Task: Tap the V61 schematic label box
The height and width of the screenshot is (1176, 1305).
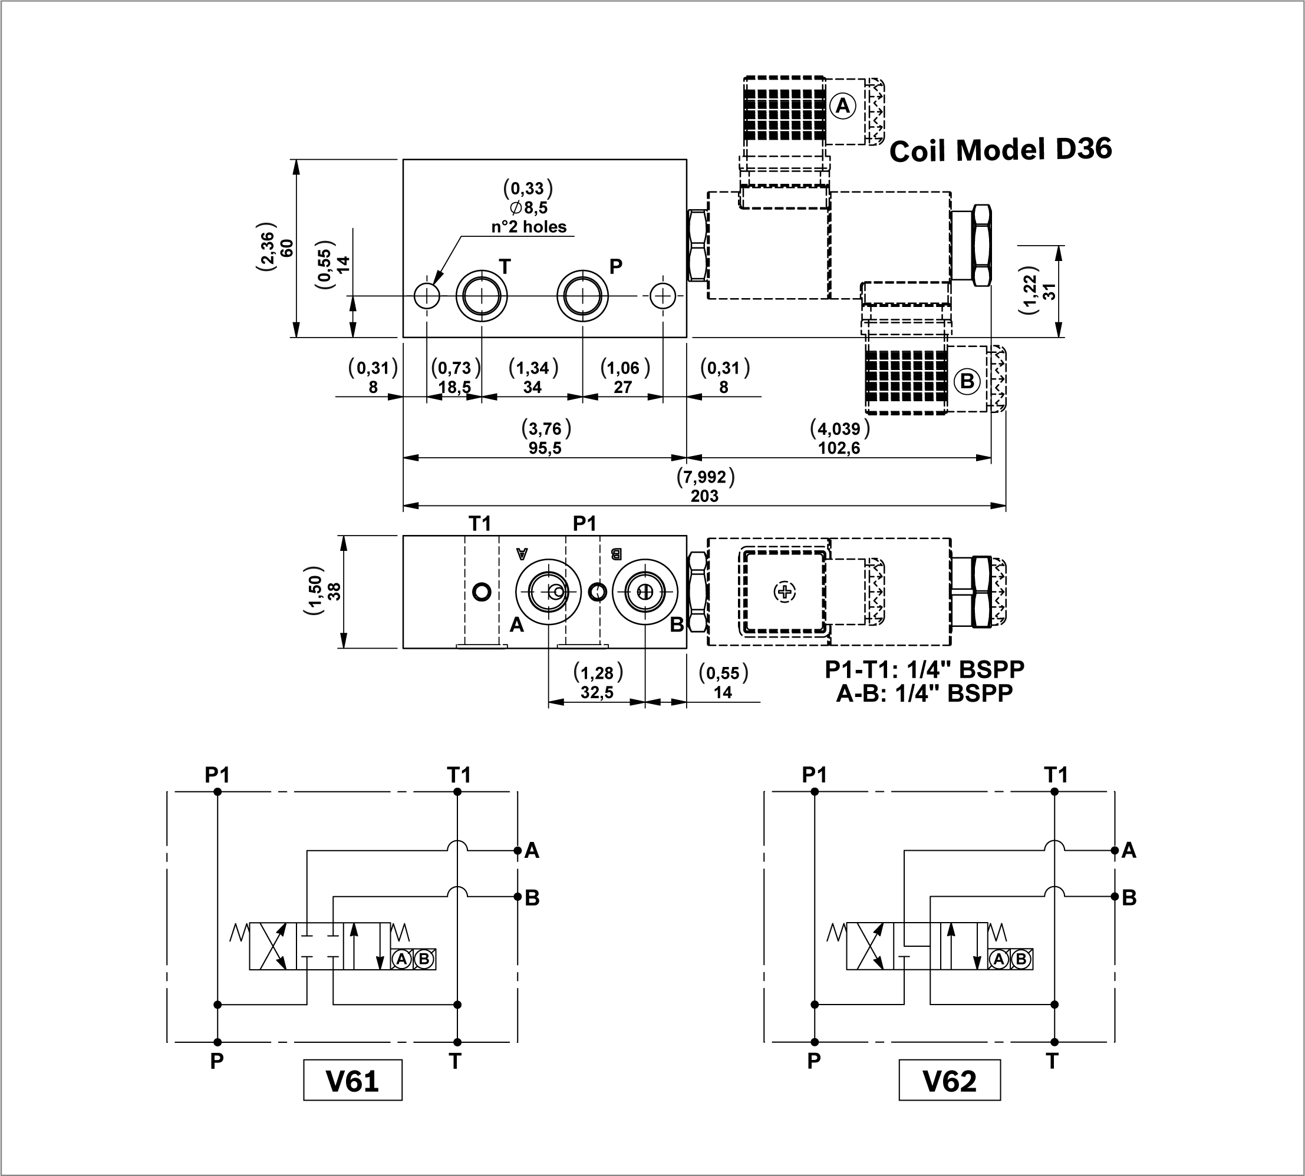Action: click(352, 1081)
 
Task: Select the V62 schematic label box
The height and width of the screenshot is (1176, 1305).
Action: click(949, 1081)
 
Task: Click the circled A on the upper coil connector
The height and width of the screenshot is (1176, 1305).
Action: click(842, 105)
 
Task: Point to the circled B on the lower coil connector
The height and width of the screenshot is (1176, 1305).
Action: click(967, 381)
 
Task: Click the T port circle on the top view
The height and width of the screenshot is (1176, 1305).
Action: click(482, 296)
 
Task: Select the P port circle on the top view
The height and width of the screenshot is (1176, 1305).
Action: click(582, 296)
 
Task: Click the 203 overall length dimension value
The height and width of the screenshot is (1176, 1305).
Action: click(704, 495)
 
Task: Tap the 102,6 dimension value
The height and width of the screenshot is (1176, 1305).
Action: click(839, 448)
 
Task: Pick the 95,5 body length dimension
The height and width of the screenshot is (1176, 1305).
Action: click(545, 448)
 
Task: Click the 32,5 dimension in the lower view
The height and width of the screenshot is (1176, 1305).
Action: click(597, 693)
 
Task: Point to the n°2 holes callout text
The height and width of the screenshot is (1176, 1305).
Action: click(529, 227)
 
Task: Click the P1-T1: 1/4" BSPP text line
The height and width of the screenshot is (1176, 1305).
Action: click(924, 669)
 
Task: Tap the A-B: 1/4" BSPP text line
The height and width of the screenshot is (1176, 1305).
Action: click(924, 693)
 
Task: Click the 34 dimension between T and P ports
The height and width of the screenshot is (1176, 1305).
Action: click(532, 387)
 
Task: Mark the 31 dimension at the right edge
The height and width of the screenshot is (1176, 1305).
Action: click(1050, 292)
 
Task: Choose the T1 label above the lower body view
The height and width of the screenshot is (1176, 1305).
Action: click(480, 523)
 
